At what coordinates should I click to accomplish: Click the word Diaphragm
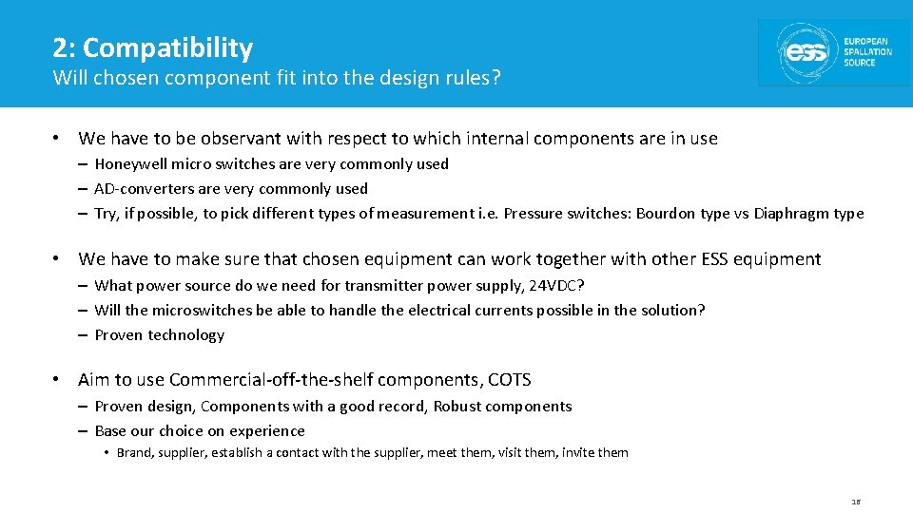click(791, 213)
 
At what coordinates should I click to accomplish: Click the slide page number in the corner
click(856, 501)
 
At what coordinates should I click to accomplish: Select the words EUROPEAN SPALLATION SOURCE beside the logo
click(867, 52)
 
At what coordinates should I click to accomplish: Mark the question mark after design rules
click(495, 78)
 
